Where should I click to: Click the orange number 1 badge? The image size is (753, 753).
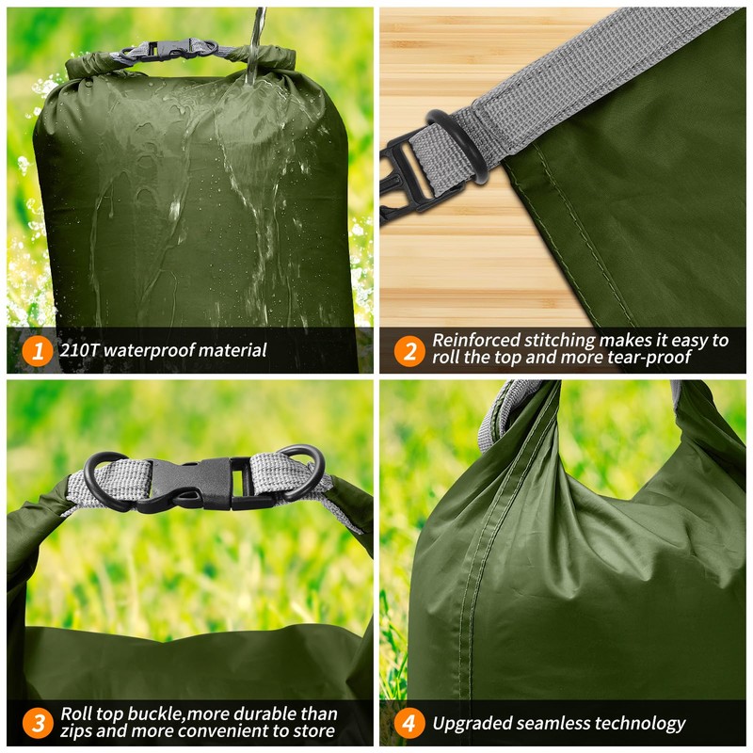tap(37, 351)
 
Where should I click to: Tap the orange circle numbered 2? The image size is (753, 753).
tap(409, 351)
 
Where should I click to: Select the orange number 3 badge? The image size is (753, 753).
tap(37, 723)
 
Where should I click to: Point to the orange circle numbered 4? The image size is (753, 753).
tap(409, 723)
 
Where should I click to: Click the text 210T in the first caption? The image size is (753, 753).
tap(79, 351)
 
